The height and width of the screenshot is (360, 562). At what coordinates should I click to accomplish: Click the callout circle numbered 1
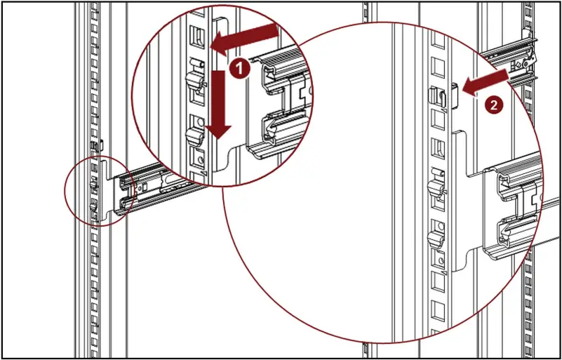coord(240,68)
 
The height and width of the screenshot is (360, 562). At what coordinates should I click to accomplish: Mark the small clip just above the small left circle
coord(97,145)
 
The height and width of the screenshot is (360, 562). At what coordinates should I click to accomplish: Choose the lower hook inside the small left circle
coord(95,208)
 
